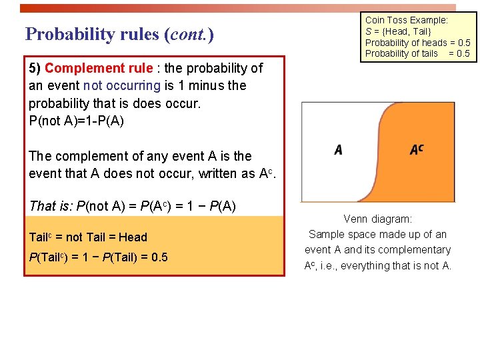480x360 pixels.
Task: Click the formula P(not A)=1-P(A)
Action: click(x=77, y=121)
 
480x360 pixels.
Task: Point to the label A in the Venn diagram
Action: click(x=339, y=149)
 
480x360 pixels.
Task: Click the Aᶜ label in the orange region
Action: click(x=417, y=149)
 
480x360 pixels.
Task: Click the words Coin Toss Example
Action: click(x=407, y=20)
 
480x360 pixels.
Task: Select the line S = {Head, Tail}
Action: click(x=398, y=31)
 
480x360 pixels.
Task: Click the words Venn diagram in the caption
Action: click(x=378, y=219)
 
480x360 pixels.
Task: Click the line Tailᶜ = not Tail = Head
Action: click(x=88, y=237)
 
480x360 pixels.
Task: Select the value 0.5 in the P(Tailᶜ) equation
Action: click(x=159, y=257)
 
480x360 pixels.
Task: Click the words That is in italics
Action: click(x=51, y=206)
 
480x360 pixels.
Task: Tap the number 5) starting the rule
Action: click(x=35, y=68)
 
